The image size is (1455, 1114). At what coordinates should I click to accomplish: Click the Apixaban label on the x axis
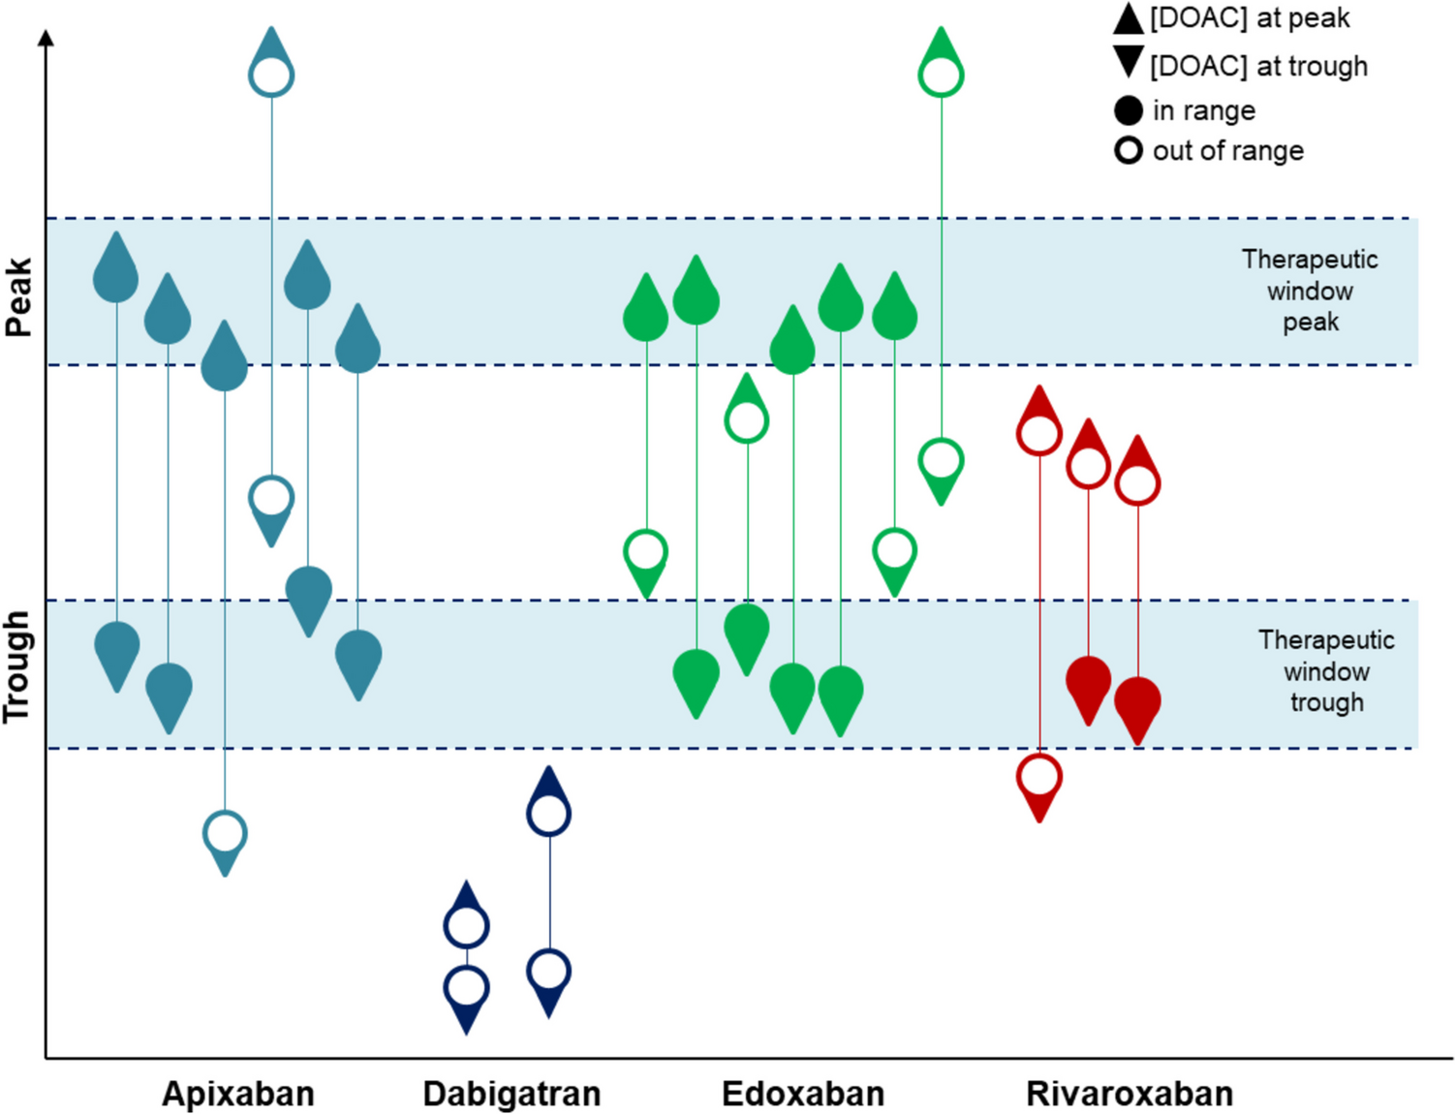click(x=238, y=1094)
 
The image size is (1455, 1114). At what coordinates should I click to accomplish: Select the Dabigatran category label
click(x=511, y=1094)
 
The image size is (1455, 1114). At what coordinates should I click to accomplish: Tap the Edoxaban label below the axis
click(x=803, y=1094)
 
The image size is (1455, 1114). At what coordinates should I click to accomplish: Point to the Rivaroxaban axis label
click(x=1130, y=1094)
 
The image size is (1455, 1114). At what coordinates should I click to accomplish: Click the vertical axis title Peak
click(x=19, y=296)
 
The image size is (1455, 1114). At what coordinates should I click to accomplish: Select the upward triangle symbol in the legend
click(x=1129, y=18)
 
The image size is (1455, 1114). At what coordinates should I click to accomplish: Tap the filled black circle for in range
click(x=1129, y=110)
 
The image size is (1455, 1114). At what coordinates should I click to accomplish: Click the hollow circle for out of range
click(x=1129, y=151)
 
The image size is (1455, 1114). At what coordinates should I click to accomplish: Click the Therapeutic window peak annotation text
click(x=1310, y=291)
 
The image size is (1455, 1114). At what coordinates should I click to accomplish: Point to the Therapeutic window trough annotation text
click(x=1326, y=671)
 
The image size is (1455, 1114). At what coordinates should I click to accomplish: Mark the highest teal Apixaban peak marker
click(x=271, y=68)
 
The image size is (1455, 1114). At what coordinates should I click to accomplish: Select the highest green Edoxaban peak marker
click(x=941, y=68)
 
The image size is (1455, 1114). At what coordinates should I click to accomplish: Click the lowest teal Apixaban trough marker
click(x=225, y=839)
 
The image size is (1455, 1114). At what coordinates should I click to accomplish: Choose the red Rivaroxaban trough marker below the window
click(x=1039, y=783)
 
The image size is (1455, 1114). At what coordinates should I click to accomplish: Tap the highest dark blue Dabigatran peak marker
click(x=548, y=806)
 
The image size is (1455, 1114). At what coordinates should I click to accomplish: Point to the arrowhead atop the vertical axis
click(x=46, y=38)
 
